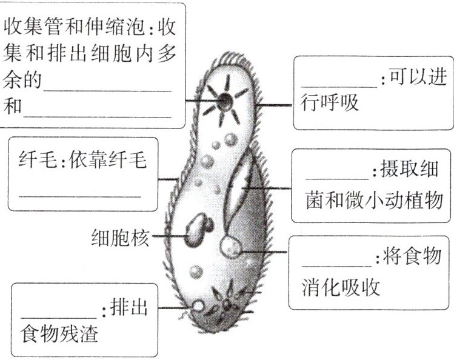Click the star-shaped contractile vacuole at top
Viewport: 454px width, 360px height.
point(224,101)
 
